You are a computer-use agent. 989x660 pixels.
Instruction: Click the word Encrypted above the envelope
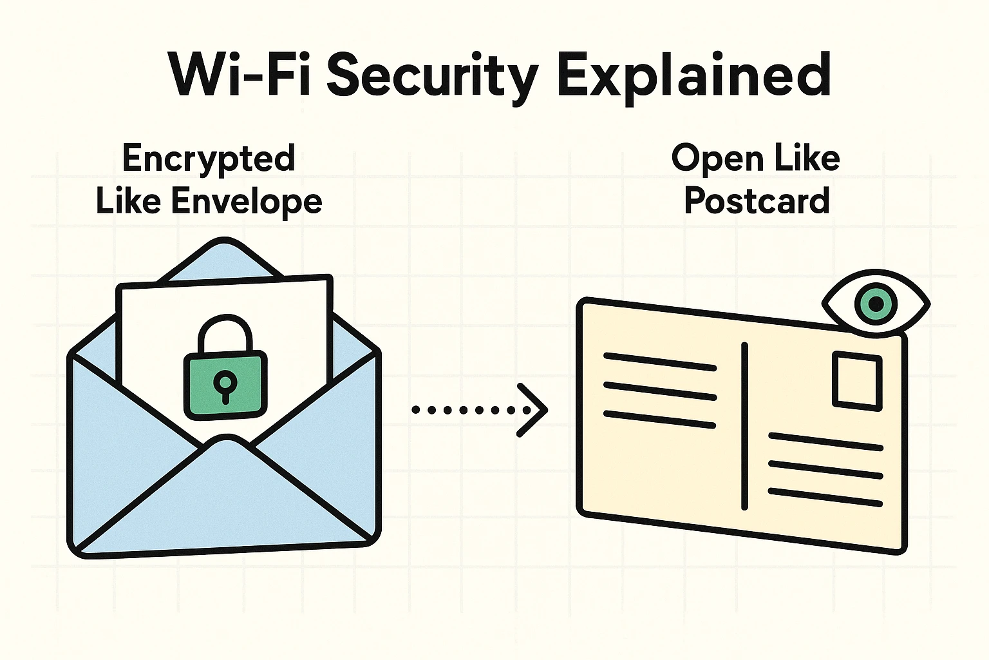[209, 159]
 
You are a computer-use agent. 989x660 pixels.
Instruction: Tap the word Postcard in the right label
[757, 201]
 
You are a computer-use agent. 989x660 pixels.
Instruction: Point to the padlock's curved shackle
[225, 329]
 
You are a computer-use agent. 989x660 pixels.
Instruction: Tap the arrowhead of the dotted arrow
[534, 410]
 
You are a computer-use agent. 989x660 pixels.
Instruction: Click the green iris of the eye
[876, 304]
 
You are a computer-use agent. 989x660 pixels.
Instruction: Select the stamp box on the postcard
[857, 380]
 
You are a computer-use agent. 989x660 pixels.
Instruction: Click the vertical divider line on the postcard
[745, 425]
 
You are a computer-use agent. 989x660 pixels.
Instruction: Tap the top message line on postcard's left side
[659, 362]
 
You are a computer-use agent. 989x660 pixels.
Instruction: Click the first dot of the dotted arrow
[416, 410]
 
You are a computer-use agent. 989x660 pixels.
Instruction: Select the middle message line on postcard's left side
[659, 391]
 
